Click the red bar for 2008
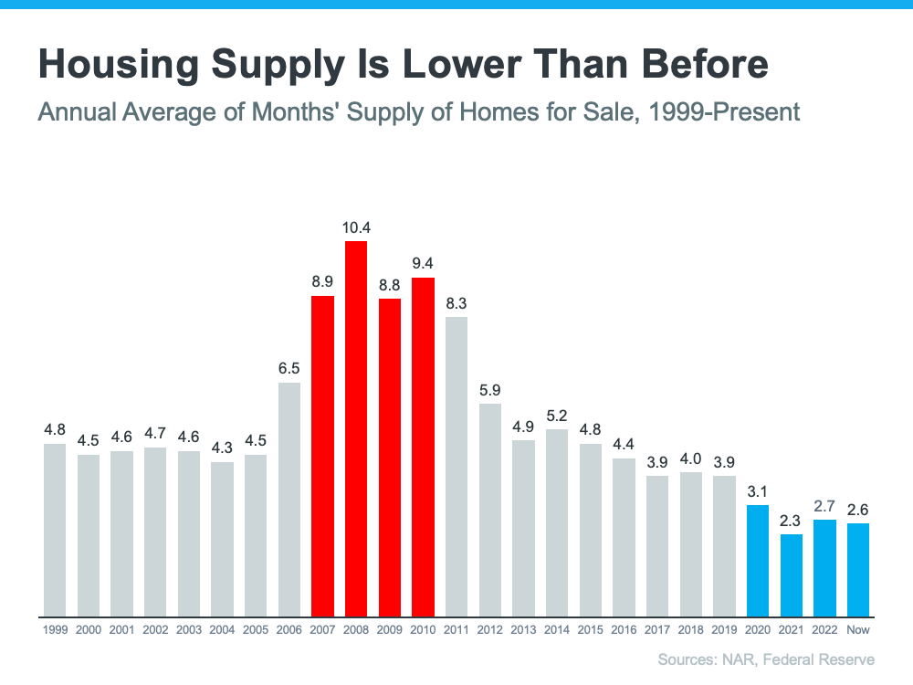click(x=356, y=429)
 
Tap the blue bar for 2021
click(x=791, y=575)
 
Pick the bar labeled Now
click(x=857, y=570)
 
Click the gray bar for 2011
click(x=456, y=467)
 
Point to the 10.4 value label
click(x=356, y=227)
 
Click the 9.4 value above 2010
click(x=423, y=263)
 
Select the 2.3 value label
click(x=791, y=520)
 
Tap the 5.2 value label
click(x=557, y=415)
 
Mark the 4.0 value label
click(x=690, y=458)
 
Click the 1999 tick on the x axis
click(x=55, y=630)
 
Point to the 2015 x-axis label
click(x=590, y=630)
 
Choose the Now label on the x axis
click(x=857, y=630)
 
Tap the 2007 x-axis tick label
click(x=322, y=630)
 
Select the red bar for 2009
click(x=390, y=458)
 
